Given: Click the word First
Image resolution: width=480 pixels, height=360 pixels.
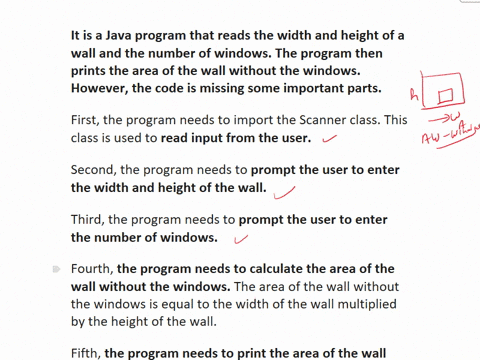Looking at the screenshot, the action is click(87, 120).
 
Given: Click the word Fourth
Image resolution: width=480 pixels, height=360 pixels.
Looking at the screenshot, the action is click(93, 269).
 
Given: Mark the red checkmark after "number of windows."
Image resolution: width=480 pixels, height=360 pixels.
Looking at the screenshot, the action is click(240, 239).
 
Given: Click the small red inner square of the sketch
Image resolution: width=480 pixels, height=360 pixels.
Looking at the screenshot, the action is click(446, 96).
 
